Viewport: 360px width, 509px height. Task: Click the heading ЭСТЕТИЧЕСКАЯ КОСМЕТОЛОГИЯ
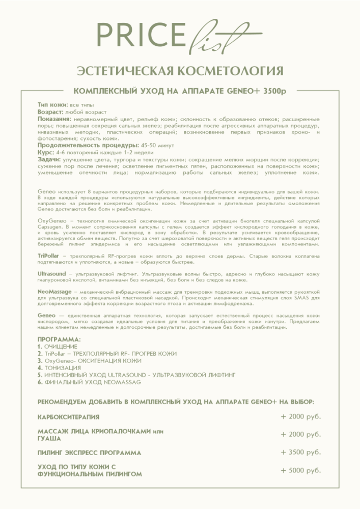click(180, 70)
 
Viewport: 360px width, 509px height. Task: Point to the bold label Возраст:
click(50, 111)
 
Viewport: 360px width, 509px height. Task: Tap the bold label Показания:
click(54, 118)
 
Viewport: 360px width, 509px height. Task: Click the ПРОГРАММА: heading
click(59, 338)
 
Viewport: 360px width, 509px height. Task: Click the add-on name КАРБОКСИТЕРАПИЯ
click(69, 417)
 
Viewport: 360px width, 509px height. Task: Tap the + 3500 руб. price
click(301, 452)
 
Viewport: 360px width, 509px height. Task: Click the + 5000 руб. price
click(301, 470)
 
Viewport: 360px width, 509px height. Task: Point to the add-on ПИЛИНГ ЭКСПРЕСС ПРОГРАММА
click(90, 452)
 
